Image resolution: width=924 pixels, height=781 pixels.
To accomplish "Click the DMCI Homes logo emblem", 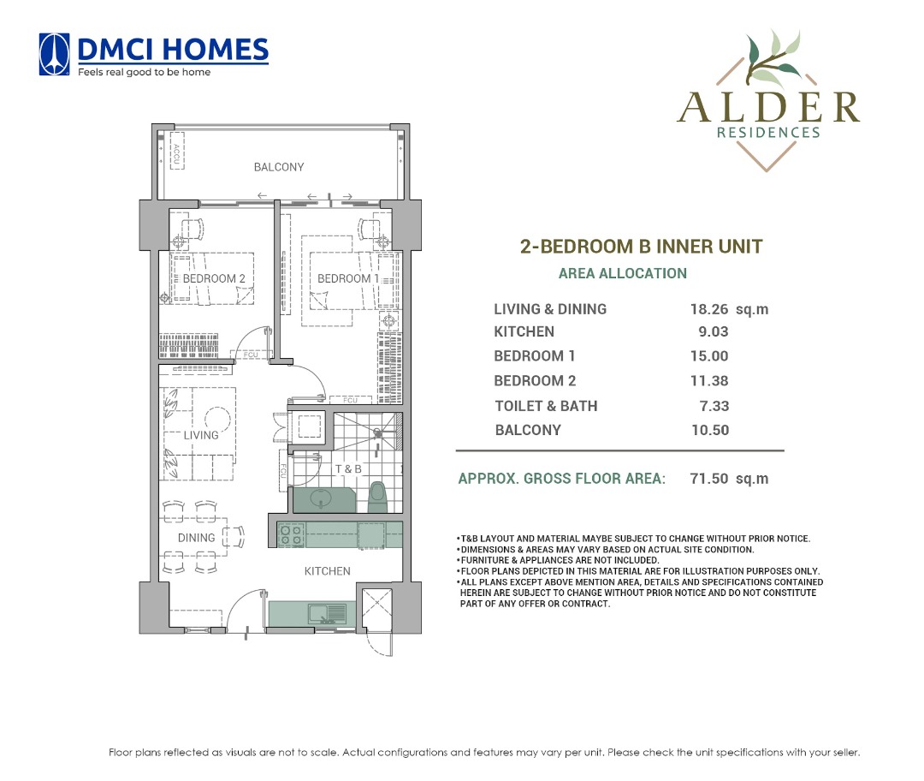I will pyautogui.click(x=56, y=55).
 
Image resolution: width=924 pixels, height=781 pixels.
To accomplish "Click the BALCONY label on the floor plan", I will pyautogui.click(x=278, y=167).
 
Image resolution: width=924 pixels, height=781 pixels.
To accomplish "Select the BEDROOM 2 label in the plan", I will pyautogui.click(x=214, y=279).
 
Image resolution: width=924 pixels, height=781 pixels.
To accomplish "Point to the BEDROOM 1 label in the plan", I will pyautogui.click(x=344, y=279).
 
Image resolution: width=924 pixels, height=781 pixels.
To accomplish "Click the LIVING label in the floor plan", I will pyautogui.click(x=201, y=435).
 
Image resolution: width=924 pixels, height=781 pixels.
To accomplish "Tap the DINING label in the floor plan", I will pyautogui.click(x=196, y=538).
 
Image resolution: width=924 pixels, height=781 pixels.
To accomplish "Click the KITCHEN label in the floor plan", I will pyautogui.click(x=327, y=571).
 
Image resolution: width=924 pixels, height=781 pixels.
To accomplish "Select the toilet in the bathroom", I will pyautogui.click(x=377, y=498).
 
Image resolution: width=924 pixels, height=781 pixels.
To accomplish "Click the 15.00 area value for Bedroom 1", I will pyautogui.click(x=709, y=356).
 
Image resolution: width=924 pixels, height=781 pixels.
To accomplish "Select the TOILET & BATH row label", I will pyautogui.click(x=546, y=406).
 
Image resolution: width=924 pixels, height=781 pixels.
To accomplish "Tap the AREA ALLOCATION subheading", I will pyautogui.click(x=622, y=274).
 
